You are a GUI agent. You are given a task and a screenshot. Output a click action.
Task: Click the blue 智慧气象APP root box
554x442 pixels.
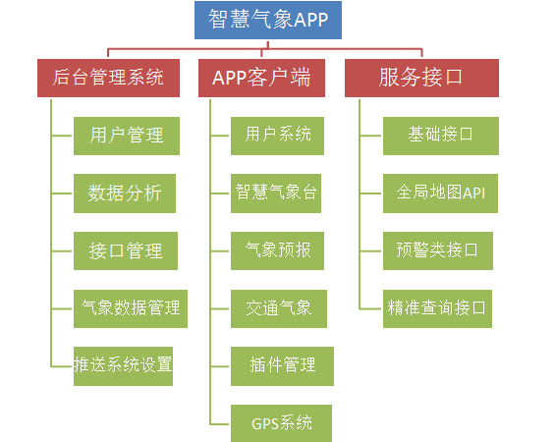point(268,20)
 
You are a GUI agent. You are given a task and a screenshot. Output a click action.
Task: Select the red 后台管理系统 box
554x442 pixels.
point(108,78)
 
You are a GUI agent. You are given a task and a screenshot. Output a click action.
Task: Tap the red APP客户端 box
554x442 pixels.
point(261,78)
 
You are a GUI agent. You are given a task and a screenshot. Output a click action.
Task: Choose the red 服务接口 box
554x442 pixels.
point(421,78)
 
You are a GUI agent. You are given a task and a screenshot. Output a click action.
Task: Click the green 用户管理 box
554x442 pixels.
point(127,136)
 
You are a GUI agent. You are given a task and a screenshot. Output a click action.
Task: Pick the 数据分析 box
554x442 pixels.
point(125,193)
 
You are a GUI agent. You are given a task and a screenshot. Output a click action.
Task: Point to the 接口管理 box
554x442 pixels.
point(126,250)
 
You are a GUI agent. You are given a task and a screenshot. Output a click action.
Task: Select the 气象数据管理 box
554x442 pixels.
point(131,308)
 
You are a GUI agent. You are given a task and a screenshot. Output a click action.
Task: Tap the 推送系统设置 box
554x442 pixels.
point(123,366)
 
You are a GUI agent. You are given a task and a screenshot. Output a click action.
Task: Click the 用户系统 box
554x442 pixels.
point(277,136)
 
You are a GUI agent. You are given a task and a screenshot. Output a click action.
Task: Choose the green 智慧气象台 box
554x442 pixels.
point(276,193)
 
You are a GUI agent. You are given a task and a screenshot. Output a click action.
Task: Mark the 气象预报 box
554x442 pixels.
point(277,250)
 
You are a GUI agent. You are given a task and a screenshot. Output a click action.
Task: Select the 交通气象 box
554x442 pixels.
point(279,308)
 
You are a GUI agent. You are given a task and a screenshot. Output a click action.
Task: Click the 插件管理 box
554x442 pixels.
point(282,366)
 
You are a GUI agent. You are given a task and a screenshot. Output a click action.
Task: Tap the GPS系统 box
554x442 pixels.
point(281,423)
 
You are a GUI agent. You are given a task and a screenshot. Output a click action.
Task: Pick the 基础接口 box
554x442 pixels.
point(441,136)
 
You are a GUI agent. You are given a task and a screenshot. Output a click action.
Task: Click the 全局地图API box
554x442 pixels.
point(441,193)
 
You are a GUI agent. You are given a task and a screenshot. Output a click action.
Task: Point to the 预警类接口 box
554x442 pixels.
point(438,250)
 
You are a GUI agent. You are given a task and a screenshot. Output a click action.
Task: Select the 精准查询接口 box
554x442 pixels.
point(437,308)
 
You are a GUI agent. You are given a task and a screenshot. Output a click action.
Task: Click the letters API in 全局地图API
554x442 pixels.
point(473,193)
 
